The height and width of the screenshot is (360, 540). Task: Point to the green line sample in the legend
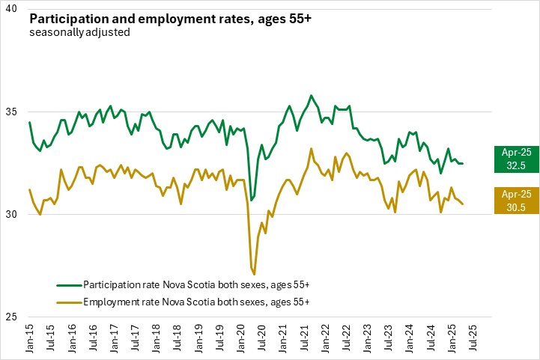(69, 285)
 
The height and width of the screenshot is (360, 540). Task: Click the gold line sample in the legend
(69, 301)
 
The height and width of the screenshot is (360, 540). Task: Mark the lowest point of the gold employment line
(255, 274)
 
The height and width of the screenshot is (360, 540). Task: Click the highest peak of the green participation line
(311, 96)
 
